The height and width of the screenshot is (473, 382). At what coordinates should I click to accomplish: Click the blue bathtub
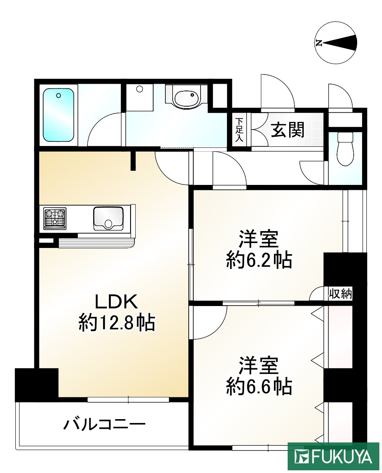click(58, 115)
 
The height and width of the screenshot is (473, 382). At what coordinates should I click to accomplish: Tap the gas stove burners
click(55, 219)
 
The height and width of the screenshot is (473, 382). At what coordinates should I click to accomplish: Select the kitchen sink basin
click(108, 219)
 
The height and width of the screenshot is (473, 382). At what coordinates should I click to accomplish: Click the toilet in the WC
click(346, 149)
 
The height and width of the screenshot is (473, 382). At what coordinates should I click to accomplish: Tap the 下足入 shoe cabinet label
click(239, 130)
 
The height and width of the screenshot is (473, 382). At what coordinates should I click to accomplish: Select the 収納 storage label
click(340, 294)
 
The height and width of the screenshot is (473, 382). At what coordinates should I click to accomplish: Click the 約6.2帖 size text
click(259, 260)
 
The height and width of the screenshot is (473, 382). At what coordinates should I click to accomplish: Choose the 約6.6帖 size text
click(259, 386)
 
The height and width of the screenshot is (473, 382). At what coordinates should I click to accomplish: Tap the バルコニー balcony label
click(104, 424)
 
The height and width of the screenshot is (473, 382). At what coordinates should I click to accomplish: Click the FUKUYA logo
click(333, 457)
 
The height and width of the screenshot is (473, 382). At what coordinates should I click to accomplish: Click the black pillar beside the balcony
click(36, 384)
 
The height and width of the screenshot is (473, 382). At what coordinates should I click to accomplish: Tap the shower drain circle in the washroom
click(139, 89)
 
